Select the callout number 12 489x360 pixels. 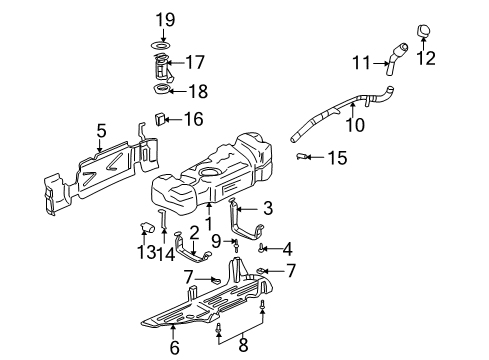pyautogui.click(x=425, y=57)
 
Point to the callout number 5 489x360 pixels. pyautogui.click(x=101, y=129)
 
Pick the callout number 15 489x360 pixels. pyautogui.click(x=339, y=156)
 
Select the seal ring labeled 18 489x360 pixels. pyautogui.click(x=162, y=93)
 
